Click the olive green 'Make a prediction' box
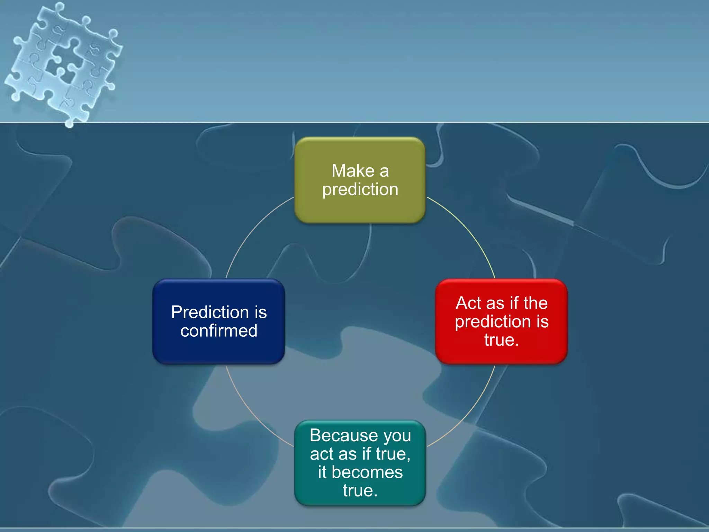(x=360, y=180)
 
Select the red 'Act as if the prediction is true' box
(x=501, y=321)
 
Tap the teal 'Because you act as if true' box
(x=360, y=463)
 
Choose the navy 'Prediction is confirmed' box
(x=218, y=321)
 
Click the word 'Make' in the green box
(x=353, y=171)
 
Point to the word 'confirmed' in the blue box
(x=219, y=331)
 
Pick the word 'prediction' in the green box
(x=360, y=189)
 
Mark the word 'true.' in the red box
(x=501, y=340)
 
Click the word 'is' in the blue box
(x=260, y=312)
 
